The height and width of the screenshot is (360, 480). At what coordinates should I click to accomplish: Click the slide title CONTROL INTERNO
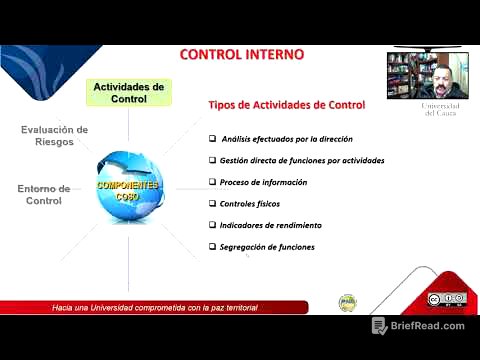242,53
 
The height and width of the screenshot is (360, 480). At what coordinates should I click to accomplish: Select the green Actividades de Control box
128,93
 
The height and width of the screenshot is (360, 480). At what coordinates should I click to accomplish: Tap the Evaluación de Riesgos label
55,136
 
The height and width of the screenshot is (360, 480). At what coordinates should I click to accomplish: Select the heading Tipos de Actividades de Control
286,105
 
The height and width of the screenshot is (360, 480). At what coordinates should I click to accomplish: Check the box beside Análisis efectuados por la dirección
212,139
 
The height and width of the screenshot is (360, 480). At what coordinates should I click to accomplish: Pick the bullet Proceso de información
263,182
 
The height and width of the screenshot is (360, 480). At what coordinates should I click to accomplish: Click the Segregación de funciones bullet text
267,247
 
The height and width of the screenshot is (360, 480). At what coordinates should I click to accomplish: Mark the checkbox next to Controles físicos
212,204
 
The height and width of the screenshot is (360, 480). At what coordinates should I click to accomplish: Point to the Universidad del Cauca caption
440,109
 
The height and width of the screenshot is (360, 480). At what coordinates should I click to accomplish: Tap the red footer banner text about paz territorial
155,307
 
